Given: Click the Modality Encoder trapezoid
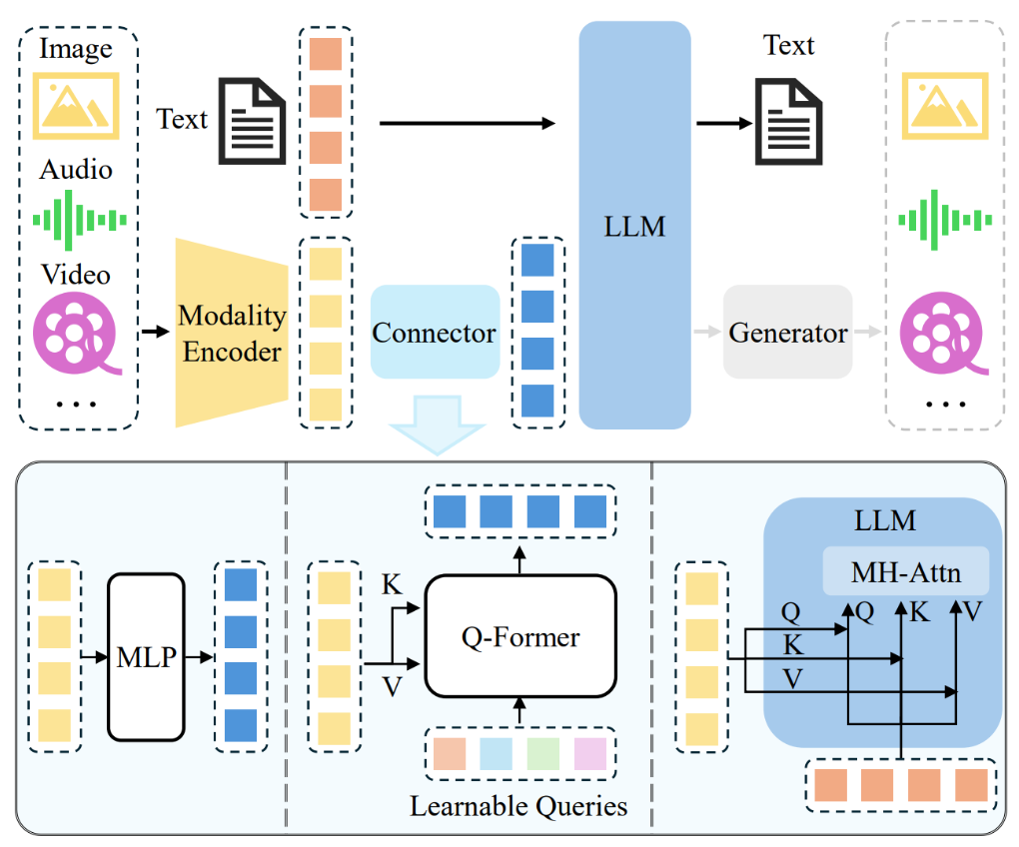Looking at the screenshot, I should click(x=233, y=333).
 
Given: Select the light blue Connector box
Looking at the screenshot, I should click(x=435, y=333).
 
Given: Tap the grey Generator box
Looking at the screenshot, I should click(x=787, y=333).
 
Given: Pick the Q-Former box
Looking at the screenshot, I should click(x=519, y=636).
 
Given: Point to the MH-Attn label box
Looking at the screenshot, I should click(x=905, y=573).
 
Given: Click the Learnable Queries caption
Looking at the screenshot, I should click(x=518, y=805).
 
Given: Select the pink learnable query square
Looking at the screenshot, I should click(x=590, y=753).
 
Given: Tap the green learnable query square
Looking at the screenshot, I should click(x=542, y=753).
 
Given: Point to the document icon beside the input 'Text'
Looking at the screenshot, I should click(x=252, y=122).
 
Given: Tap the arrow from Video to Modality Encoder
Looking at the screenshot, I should click(x=154, y=331).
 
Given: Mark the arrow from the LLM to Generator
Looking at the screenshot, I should click(x=706, y=333).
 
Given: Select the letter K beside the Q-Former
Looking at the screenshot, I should click(x=392, y=585).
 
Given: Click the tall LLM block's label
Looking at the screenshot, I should click(x=635, y=226).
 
